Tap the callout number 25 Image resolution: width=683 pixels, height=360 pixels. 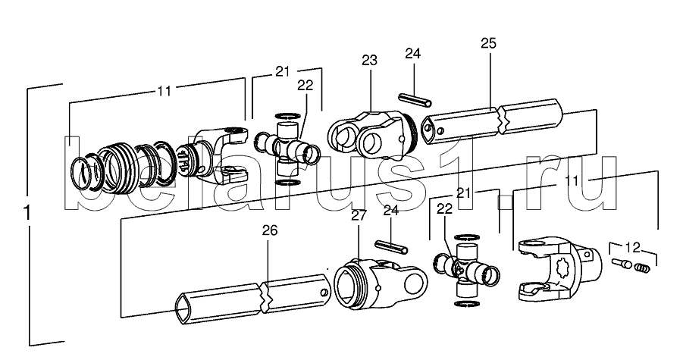coord(489,44)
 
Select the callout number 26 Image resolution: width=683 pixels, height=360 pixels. coord(270,230)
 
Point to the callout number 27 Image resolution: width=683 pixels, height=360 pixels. coord(358,214)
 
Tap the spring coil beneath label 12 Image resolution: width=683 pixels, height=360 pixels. coord(642,266)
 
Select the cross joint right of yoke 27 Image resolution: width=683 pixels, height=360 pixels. coord(465,269)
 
